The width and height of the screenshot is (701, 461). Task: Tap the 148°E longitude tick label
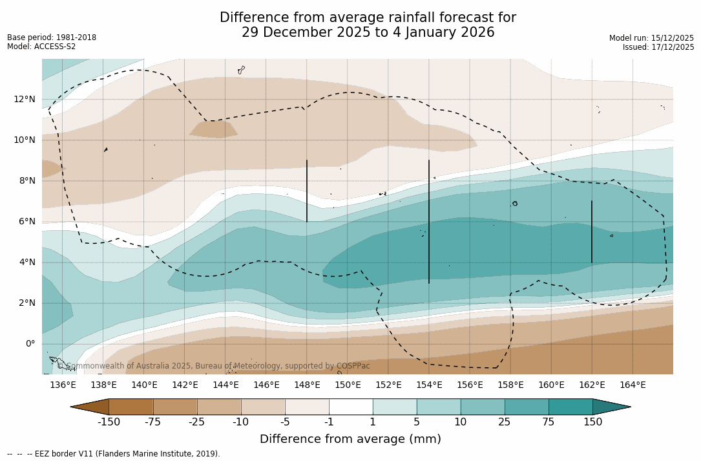pyautogui.click(x=307, y=385)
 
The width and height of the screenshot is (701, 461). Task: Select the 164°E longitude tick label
pyautogui.click(x=633, y=385)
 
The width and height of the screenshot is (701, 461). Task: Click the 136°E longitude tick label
pyautogui.click(x=63, y=385)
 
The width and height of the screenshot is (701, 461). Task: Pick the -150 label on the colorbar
pyautogui.click(x=109, y=422)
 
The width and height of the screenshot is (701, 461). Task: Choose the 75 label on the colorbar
pyautogui.click(x=549, y=422)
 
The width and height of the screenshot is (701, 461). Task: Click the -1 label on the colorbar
pyautogui.click(x=329, y=422)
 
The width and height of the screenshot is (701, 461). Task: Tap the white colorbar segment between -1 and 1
pyautogui.click(x=351, y=407)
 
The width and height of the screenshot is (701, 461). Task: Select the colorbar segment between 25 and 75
pyautogui.click(x=527, y=407)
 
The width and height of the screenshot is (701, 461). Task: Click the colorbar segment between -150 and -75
pyautogui.click(x=131, y=407)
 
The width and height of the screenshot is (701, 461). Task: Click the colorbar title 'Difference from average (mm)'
pyautogui.click(x=350, y=439)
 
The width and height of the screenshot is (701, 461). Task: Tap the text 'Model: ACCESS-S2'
pyautogui.click(x=41, y=47)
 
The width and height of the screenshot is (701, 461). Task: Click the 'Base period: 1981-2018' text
pyautogui.click(x=52, y=38)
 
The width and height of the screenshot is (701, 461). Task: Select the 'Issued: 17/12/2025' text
pyautogui.click(x=658, y=47)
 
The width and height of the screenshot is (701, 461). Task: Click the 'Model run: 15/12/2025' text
pyautogui.click(x=651, y=38)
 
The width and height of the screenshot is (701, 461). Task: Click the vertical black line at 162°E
pyautogui.click(x=591, y=231)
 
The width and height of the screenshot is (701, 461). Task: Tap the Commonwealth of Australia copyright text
pyautogui.click(x=214, y=366)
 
